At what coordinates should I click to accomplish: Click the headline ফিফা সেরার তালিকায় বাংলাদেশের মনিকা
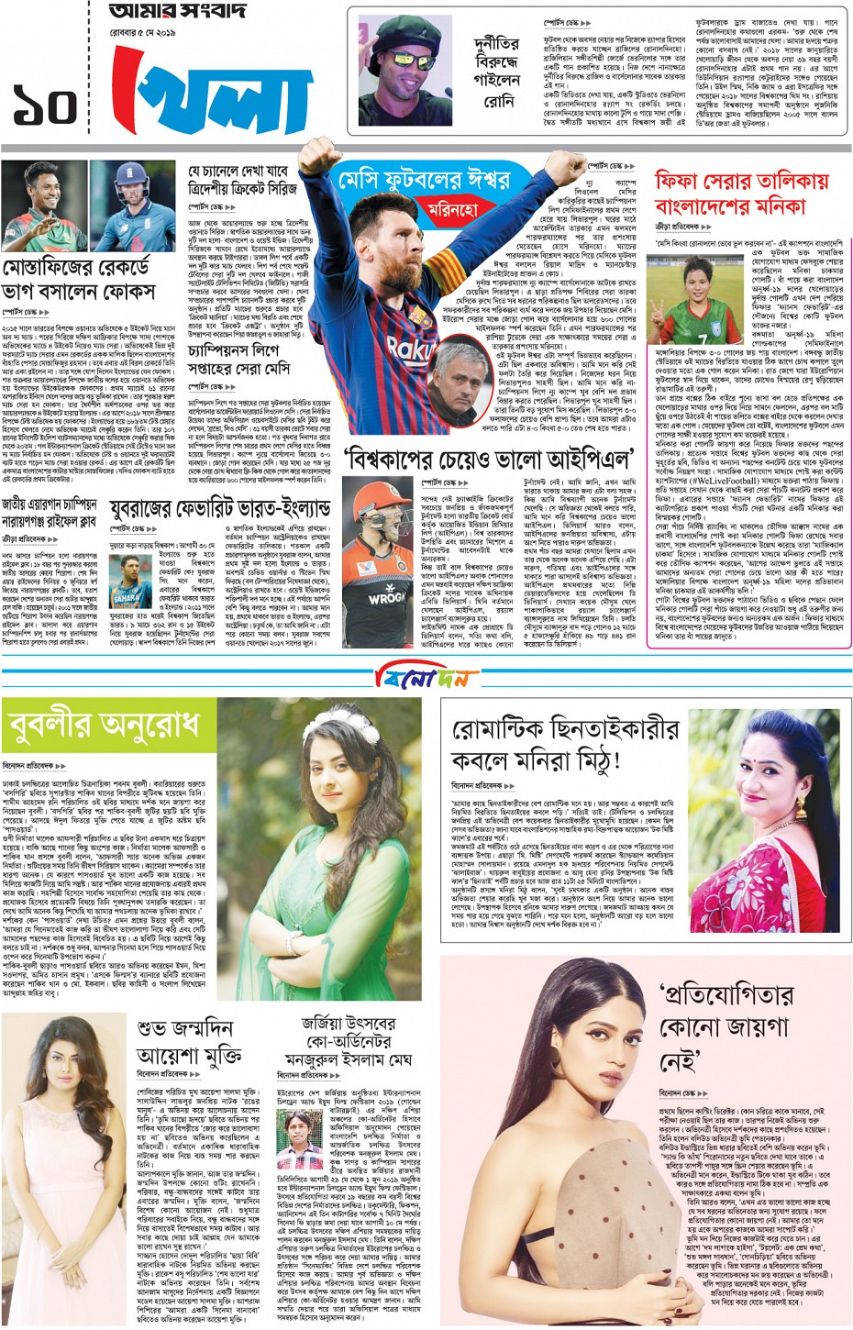click(x=741, y=192)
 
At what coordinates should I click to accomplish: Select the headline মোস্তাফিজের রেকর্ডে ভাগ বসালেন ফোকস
click(x=90, y=280)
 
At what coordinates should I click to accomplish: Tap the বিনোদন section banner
click(x=426, y=677)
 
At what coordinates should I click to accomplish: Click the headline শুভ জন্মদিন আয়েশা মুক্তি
click(x=188, y=1042)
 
